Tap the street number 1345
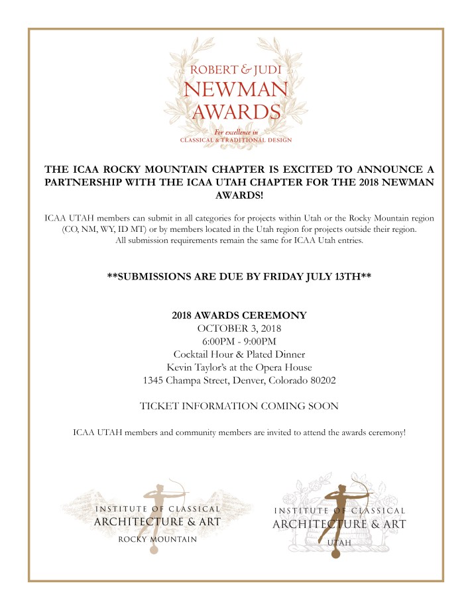156,381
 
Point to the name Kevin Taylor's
197,368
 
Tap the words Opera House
286,368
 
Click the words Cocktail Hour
202,354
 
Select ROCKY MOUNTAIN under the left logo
157,540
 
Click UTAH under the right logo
339,542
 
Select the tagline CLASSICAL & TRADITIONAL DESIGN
236,140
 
